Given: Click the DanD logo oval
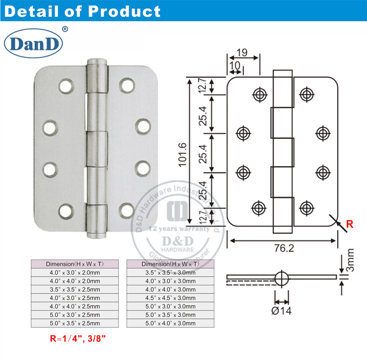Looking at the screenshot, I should coord(34,44).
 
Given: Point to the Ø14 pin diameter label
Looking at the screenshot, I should coord(282,311).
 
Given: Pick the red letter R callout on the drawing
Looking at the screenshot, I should coord(349,225).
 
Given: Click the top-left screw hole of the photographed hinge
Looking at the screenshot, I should coord(65,87).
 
